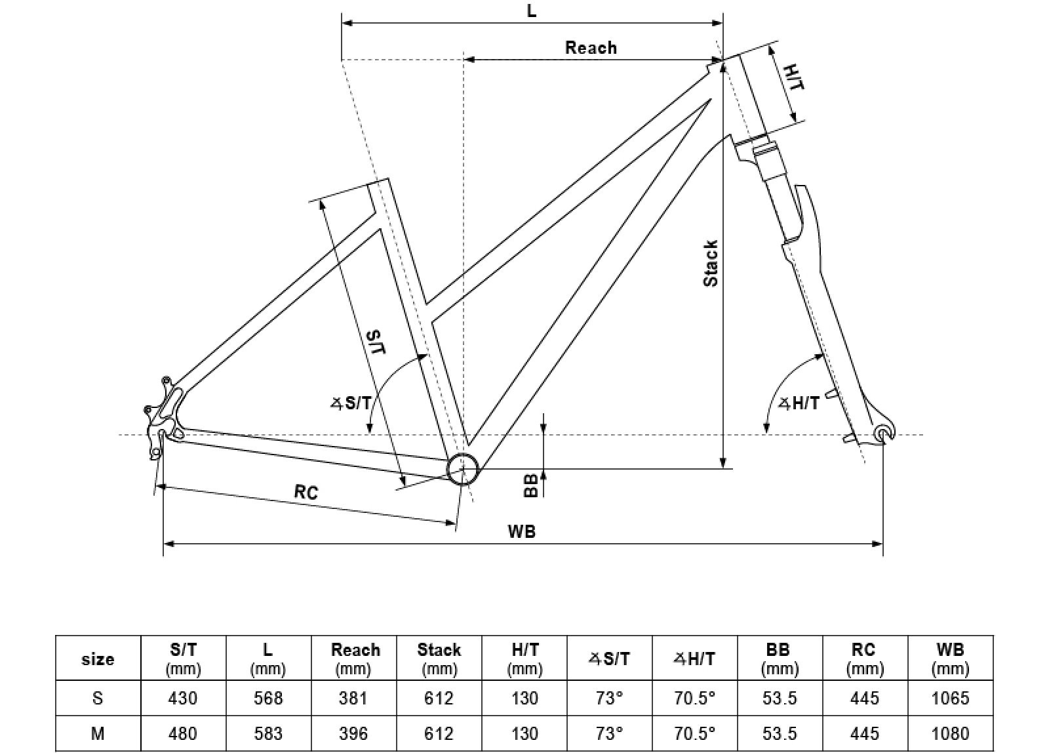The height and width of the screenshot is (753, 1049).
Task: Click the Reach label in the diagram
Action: click(x=591, y=48)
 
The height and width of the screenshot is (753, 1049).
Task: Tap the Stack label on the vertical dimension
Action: click(x=711, y=263)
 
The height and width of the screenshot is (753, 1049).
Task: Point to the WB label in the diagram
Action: click(x=522, y=531)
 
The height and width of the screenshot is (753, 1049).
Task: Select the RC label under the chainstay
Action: click(x=306, y=491)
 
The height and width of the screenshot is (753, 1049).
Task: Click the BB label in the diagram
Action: click(x=532, y=485)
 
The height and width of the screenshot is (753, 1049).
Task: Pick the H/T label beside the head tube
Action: click(x=794, y=77)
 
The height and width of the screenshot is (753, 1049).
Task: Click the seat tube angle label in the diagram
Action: click(x=350, y=403)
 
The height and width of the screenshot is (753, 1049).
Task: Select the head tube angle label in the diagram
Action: click(x=799, y=403)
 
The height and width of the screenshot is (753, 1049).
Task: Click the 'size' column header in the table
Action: click(x=98, y=659)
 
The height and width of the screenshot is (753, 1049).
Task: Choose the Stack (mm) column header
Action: click(x=439, y=659)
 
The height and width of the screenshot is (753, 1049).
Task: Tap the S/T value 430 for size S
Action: click(x=182, y=699)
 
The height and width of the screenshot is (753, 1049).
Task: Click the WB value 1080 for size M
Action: click(x=949, y=733)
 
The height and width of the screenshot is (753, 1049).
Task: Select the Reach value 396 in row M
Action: click(x=353, y=733)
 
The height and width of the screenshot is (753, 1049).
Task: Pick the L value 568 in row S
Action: click(x=267, y=699)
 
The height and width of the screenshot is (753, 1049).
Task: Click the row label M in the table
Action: click(x=98, y=733)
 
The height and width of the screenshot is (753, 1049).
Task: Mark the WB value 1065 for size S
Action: click(x=949, y=699)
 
